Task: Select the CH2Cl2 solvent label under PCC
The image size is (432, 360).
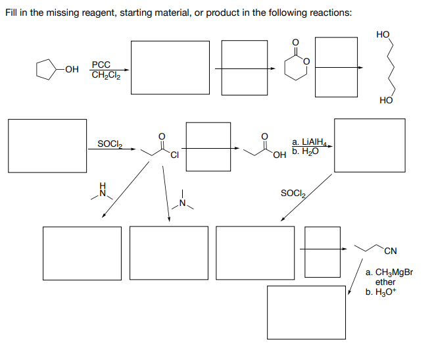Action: pyautogui.click(x=105, y=76)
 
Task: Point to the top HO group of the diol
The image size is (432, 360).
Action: pyautogui.click(x=383, y=34)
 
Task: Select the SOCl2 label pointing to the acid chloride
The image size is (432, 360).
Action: pyautogui.click(x=109, y=143)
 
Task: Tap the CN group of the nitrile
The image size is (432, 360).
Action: pyautogui.click(x=391, y=250)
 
